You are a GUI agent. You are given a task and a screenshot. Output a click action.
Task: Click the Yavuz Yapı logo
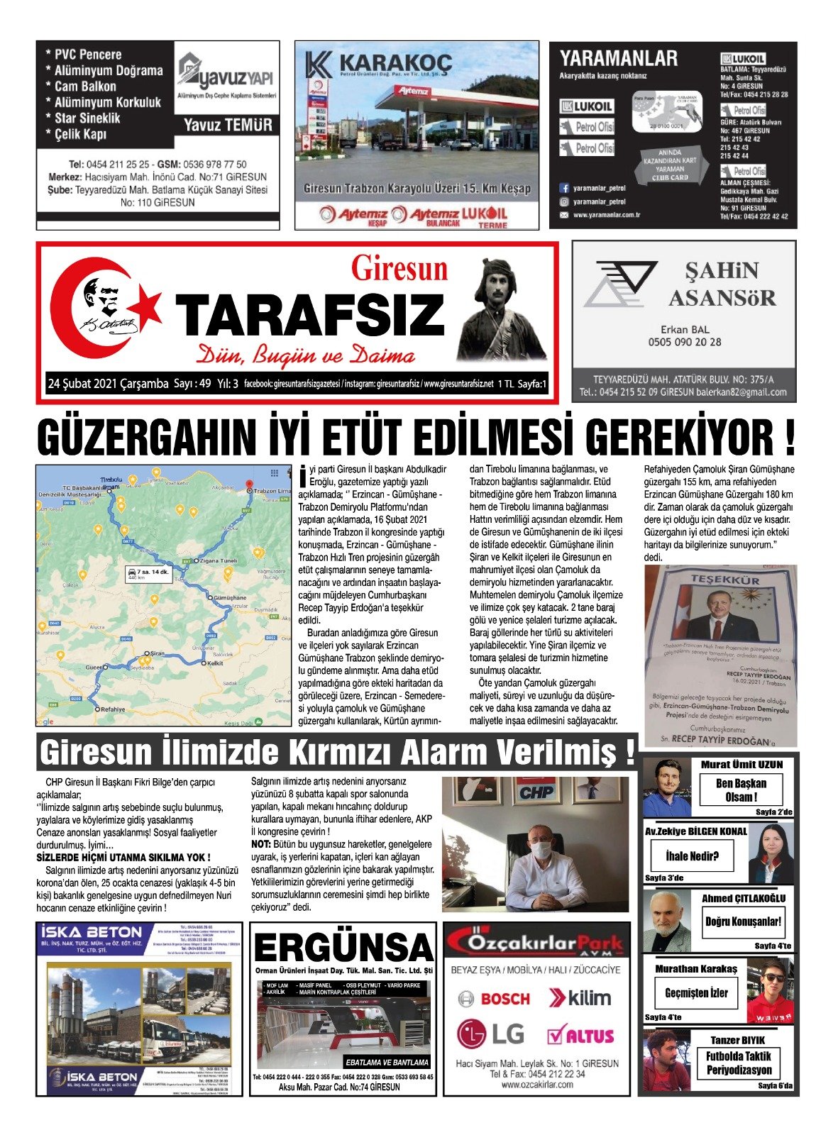point(226,77)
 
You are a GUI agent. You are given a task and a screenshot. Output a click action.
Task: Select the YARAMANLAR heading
point(618,58)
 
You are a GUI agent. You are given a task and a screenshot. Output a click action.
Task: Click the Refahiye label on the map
point(112,709)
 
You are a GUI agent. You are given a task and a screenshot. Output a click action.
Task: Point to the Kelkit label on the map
point(214,663)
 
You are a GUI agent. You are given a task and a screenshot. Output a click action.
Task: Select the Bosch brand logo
point(495,999)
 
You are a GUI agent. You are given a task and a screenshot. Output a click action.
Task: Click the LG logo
point(490,1035)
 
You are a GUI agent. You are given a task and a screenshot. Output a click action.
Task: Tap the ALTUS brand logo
point(580,1036)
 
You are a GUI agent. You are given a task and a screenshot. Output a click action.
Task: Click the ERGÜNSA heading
point(343,948)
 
